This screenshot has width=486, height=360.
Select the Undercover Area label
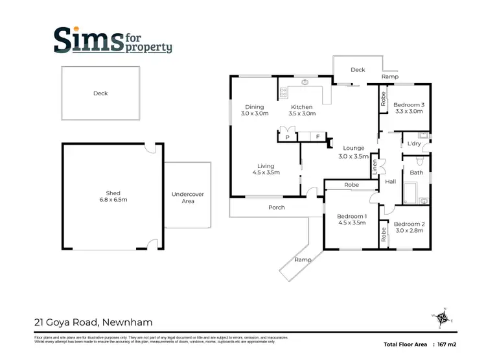coord(188,197)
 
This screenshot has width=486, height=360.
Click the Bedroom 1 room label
coord(352,219)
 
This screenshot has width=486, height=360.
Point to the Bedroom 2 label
coord(410,226)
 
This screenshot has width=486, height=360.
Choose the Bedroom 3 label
coord(409,108)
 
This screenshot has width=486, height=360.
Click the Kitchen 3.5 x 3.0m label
coord(302,110)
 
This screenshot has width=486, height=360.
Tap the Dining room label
coord(254,110)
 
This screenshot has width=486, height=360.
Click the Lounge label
coord(353,152)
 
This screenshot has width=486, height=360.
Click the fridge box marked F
coord(318,137)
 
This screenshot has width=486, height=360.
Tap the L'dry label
coord(412,143)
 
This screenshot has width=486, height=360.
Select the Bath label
coord(416,173)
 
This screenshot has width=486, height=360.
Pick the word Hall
coord(390,182)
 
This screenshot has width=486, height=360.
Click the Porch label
coord(277,208)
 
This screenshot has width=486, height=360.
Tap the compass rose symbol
coord(443,318)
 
